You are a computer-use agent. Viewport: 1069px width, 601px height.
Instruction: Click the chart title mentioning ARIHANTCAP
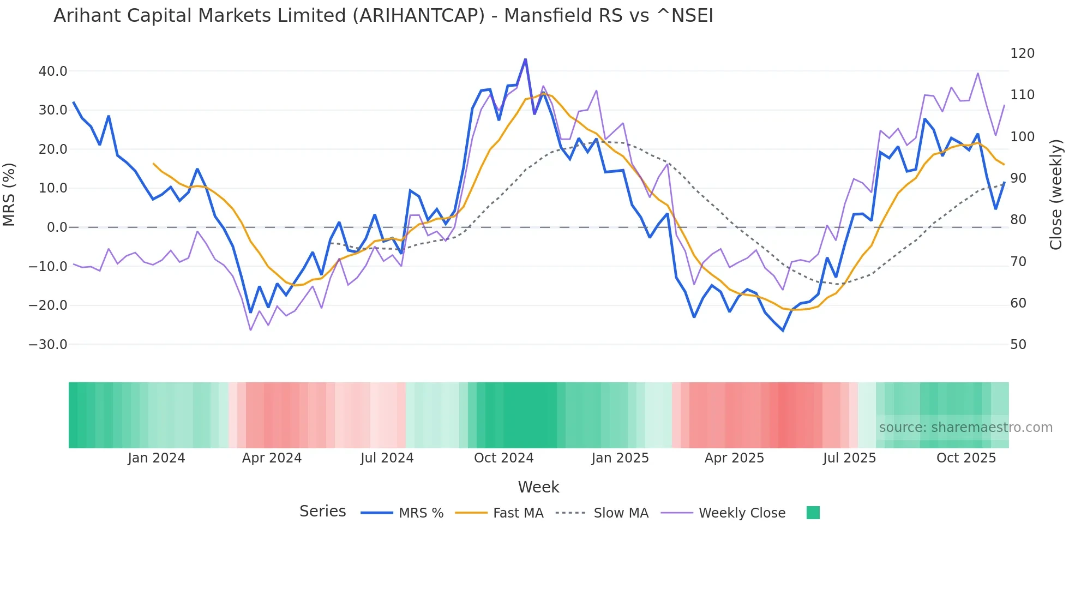point(383,16)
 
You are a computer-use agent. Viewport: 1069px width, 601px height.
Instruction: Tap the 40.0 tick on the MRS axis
point(53,71)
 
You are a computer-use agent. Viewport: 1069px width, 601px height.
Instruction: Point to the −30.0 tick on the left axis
point(48,345)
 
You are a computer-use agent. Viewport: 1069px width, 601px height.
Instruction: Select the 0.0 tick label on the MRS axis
point(57,227)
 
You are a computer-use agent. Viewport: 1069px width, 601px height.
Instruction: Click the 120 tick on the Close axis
point(1022,53)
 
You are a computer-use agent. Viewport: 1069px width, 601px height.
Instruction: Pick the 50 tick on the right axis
point(1018,345)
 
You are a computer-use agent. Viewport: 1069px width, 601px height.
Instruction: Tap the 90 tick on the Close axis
point(1018,178)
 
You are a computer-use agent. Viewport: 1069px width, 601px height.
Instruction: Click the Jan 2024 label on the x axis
point(157,458)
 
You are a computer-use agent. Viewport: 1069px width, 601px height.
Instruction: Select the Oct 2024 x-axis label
point(503,458)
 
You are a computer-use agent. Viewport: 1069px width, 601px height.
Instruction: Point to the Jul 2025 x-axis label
point(849,458)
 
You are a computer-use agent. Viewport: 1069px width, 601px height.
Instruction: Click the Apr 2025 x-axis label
point(734,458)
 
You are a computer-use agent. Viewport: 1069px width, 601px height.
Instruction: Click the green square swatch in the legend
point(813,513)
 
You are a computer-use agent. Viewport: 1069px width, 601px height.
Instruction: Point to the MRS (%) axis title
point(9,195)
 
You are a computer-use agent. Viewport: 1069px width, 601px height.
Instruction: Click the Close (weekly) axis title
point(1056,195)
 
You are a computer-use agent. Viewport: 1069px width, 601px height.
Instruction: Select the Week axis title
point(538,487)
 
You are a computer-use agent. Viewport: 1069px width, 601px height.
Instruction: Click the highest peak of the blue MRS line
point(525,59)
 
